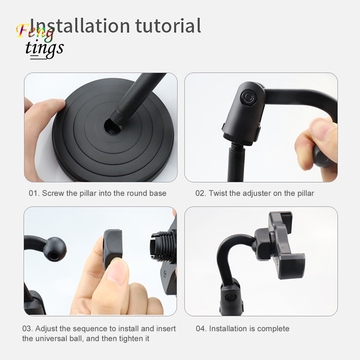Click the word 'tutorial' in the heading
point(168,25)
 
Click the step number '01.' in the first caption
point(34,193)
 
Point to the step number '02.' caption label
point(201,193)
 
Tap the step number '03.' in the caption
point(28,329)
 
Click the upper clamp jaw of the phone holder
point(281,220)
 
